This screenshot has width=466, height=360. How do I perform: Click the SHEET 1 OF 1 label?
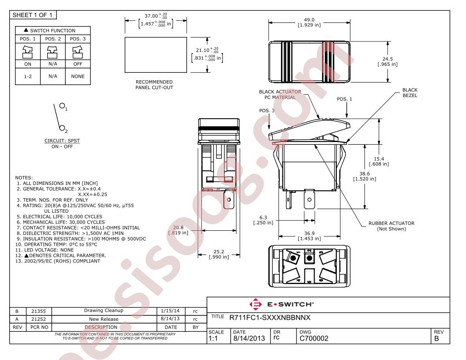[32, 15]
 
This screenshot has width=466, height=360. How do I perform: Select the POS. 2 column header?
[53, 39]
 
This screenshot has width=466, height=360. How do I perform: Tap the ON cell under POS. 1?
[28, 64]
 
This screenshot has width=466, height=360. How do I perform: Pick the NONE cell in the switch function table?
[78, 76]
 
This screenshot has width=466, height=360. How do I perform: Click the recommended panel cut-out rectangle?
[156, 55]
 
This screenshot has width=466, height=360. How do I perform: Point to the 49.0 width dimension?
[309, 20]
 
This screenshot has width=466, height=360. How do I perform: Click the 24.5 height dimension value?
[387, 59]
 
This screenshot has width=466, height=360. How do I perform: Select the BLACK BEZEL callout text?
[410, 93]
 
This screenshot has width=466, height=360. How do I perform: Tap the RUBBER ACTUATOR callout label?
[391, 223]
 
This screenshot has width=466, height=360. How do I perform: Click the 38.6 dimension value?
[365, 174]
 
